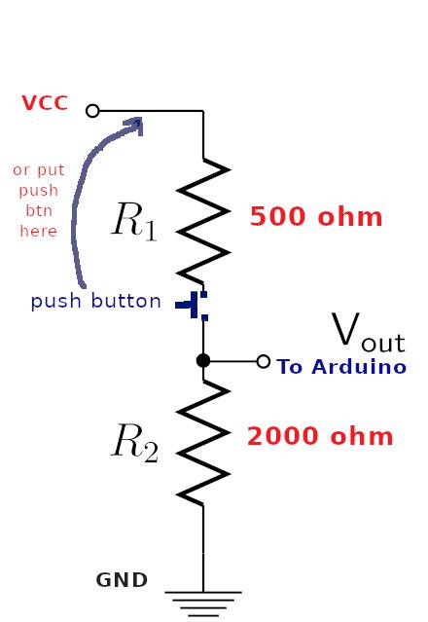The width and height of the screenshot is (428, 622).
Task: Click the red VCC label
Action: coord(45,103)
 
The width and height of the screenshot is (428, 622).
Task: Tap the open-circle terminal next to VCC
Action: coord(92,111)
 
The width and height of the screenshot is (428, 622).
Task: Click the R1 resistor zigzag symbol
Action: coord(203,221)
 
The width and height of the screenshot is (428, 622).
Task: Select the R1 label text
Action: coord(134,221)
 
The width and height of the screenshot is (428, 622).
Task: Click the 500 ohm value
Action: coord(316,217)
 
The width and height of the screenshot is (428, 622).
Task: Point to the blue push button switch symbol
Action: coord(192,305)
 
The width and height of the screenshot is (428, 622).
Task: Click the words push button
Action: coord(96,301)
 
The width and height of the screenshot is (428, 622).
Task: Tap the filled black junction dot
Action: coord(203,360)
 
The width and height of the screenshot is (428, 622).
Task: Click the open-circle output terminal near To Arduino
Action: coord(264,361)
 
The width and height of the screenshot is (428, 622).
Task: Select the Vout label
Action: coord(368,333)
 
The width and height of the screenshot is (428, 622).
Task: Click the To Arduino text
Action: coord(341,367)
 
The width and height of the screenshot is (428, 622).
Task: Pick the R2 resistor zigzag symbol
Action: coord(203,442)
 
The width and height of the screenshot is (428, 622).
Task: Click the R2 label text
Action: coord(135,443)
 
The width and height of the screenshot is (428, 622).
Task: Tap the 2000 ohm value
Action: coord(320,436)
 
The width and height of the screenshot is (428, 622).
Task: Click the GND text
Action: coord(122,580)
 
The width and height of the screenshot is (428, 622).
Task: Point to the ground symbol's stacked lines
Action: coord(203,604)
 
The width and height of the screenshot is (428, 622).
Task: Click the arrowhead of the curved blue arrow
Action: coord(134,126)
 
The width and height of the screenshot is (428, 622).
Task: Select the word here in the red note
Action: coord(39,231)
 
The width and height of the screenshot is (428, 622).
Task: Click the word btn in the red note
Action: coord(39,210)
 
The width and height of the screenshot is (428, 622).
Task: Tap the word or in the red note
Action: coord(20,170)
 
